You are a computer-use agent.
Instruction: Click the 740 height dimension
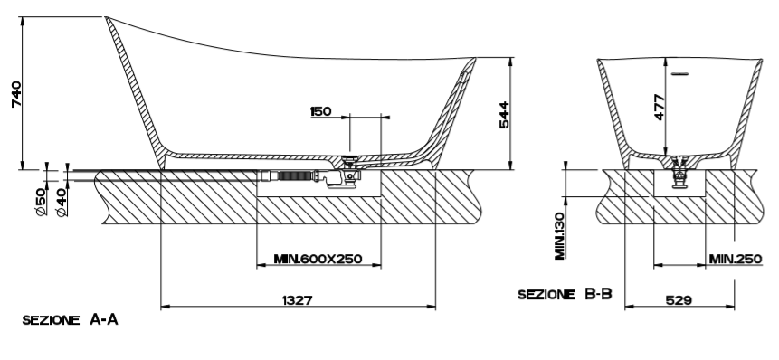[x=16, y=94]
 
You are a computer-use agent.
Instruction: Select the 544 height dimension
[x=504, y=115]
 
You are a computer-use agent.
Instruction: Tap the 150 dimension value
[x=320, y=111]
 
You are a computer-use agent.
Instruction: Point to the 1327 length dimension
[x=298, y=300]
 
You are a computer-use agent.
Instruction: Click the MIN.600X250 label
[x=318, y=259]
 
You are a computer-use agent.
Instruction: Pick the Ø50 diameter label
[x=42, y=202]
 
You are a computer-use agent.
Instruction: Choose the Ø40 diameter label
[x=62, y=202]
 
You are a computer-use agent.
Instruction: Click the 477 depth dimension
[x=659, y=107]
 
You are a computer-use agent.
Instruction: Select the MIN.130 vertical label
[x=560, y=236]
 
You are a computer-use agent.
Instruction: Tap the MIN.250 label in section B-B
[x=736, y=259]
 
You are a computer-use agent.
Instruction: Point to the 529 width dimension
[x=679, y=300]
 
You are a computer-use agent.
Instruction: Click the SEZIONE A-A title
[x=70, y=320]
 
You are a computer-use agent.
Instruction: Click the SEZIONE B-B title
[x=565, y=295]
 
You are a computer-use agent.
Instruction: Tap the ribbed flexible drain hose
[x=293, y=175]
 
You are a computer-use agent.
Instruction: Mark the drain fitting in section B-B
[x=679, y=172]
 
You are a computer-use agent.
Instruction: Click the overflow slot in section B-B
[x=679, y=74]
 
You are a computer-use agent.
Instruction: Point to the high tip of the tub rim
[x=106, y=17]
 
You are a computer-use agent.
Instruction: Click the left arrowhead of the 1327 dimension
[x=165, y=307]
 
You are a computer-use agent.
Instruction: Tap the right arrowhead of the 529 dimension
[x=731, y=307]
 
